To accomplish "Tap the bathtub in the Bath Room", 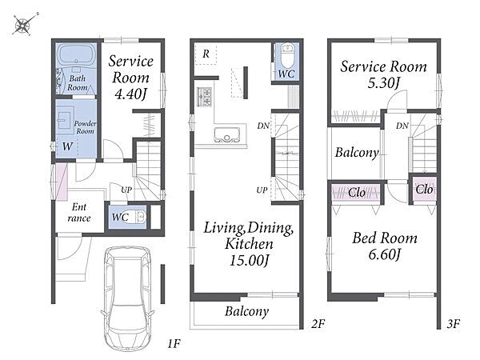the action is tap(77, 55).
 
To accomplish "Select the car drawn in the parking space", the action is tap(127, 298).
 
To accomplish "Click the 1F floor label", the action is tap(174, 344).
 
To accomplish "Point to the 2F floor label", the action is tap(318, 323).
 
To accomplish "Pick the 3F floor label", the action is tap(453, 323).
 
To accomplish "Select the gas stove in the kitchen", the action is tap(205, 97).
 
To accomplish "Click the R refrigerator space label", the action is tap(206, 54).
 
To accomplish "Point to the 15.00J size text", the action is tap(249, 261).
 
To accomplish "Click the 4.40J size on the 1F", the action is tap(130, 94).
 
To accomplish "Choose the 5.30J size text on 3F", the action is tap(384, 82).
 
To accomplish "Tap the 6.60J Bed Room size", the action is tap(385, 254).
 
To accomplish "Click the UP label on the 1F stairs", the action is tap(126, 190).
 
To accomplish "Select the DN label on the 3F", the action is tap(402, 126).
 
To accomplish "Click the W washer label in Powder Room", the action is tap(67, 146).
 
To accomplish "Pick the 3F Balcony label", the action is tap(357, 152).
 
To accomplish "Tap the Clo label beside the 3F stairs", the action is tap(424, 190).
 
